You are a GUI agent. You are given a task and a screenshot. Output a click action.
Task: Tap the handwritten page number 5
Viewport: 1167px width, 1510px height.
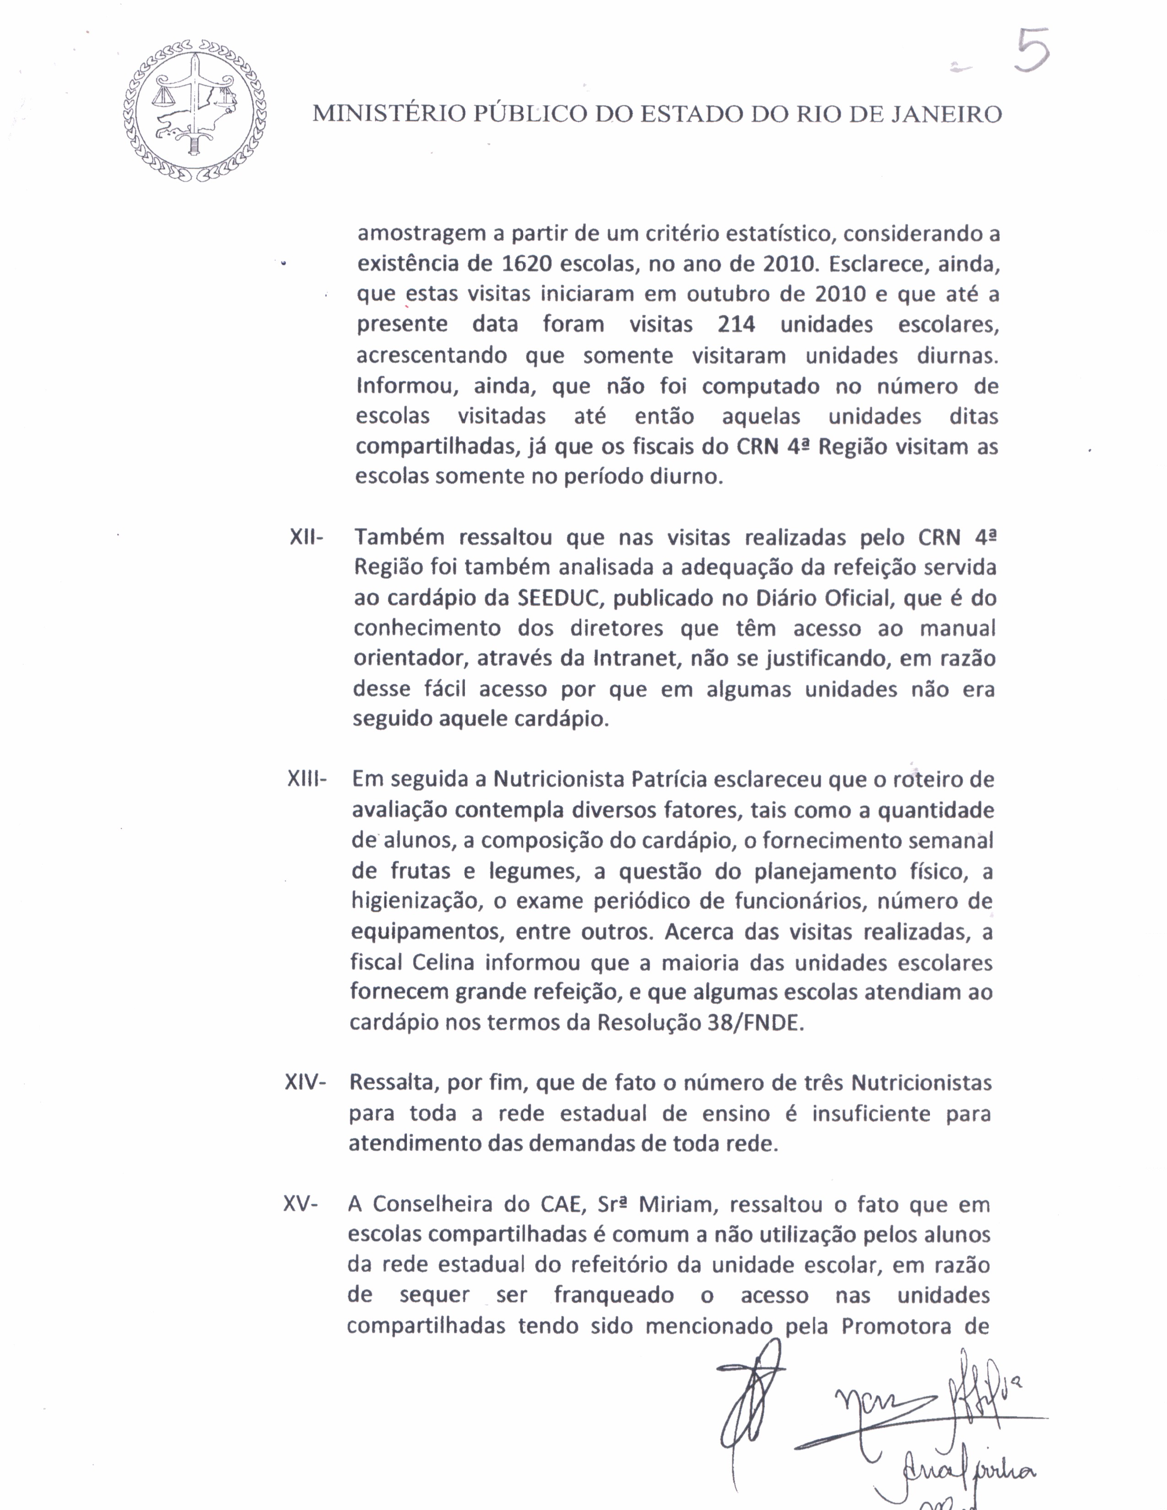click(x=1032, y=50)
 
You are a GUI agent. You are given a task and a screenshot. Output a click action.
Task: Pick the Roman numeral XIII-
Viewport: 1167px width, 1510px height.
click(x=306, y=779)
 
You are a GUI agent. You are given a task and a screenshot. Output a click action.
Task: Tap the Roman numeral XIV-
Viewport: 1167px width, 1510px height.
click(x=305, y=1082)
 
